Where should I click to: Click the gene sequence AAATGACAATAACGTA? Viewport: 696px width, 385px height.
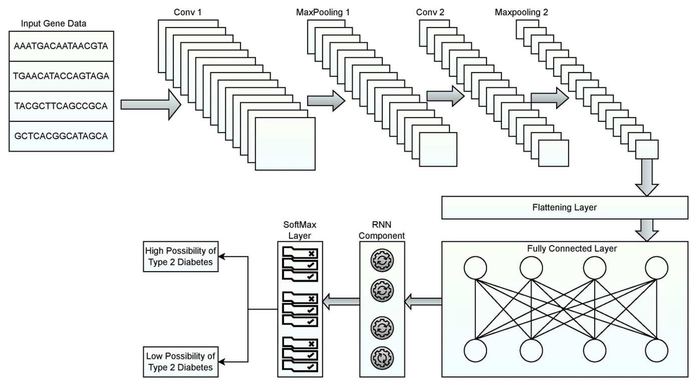(61, 46)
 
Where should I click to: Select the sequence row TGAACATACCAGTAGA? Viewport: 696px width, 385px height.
(61, 76)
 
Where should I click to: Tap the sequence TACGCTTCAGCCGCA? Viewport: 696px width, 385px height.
(61, 106)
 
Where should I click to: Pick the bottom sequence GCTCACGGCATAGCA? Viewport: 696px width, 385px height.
(61, 136)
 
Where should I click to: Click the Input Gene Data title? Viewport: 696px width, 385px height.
(54, 24)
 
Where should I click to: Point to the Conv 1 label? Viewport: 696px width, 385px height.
(188, 12)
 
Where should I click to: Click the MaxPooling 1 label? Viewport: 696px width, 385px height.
(323, 12)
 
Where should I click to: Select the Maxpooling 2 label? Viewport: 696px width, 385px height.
(521, 12)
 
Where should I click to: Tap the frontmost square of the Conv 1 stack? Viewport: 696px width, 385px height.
(285, 144)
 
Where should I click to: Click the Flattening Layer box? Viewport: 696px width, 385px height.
(564, 208)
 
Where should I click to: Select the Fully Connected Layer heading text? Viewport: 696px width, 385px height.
(572, 249)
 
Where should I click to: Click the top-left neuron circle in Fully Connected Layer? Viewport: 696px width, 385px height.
(475, 268)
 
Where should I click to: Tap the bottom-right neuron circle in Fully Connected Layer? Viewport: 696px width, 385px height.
(656, 351)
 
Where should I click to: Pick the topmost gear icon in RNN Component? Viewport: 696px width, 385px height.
(382, 260)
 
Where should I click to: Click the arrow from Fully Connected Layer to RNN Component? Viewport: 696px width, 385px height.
(423, 302)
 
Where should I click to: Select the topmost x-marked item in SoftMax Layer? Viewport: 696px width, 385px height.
(300, 253)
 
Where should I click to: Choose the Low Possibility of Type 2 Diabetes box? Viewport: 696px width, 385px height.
(181, 362)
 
